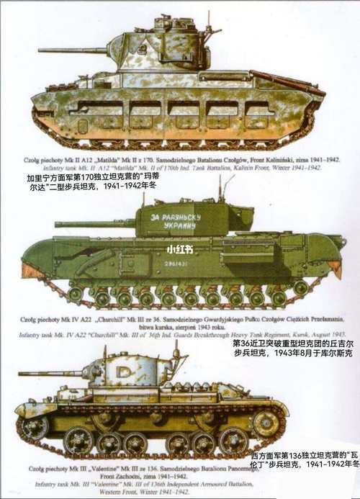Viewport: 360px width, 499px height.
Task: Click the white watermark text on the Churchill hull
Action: click(179, 250)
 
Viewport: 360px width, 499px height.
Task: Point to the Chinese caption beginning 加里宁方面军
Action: click(94, 180)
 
